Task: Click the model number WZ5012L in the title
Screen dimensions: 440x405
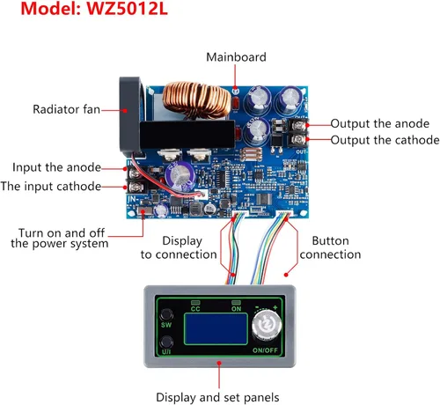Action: click(x=127, y=8)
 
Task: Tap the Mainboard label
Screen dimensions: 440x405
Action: click(x=236, y=57)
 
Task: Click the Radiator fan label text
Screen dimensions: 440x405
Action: click(x=66, y=109)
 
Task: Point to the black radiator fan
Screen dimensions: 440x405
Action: click(x=129, y=116)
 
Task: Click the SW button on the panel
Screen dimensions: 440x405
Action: click(x=166, y=315)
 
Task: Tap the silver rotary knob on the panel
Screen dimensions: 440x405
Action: click(x=267, y=325)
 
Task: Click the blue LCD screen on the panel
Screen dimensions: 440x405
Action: click(x=216, y=328)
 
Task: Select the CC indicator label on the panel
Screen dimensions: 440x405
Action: click(x=195, y=309)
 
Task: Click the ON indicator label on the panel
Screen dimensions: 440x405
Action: click(x=236, y=309)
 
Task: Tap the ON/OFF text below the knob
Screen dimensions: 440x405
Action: click(x=265, y=350)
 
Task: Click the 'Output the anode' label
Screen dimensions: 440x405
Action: click(x=380, y=124)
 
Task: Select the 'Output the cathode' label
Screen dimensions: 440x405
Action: click(x=385, y=140)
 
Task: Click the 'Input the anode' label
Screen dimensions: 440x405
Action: click(x=56, y=167)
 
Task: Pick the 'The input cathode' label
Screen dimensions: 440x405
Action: click(x=51, y=187)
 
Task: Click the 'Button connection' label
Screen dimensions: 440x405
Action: click(x=330, y=248)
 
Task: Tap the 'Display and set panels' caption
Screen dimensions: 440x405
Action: click(x=217, y=398)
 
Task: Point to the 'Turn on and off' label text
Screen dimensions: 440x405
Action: click(x=62, y=233)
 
